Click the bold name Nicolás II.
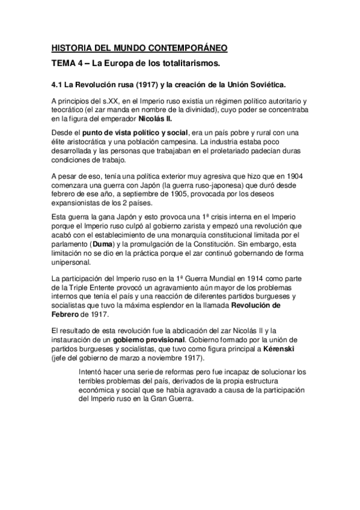click(x=156, y=119)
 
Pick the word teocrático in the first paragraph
click(x=72, y=111)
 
